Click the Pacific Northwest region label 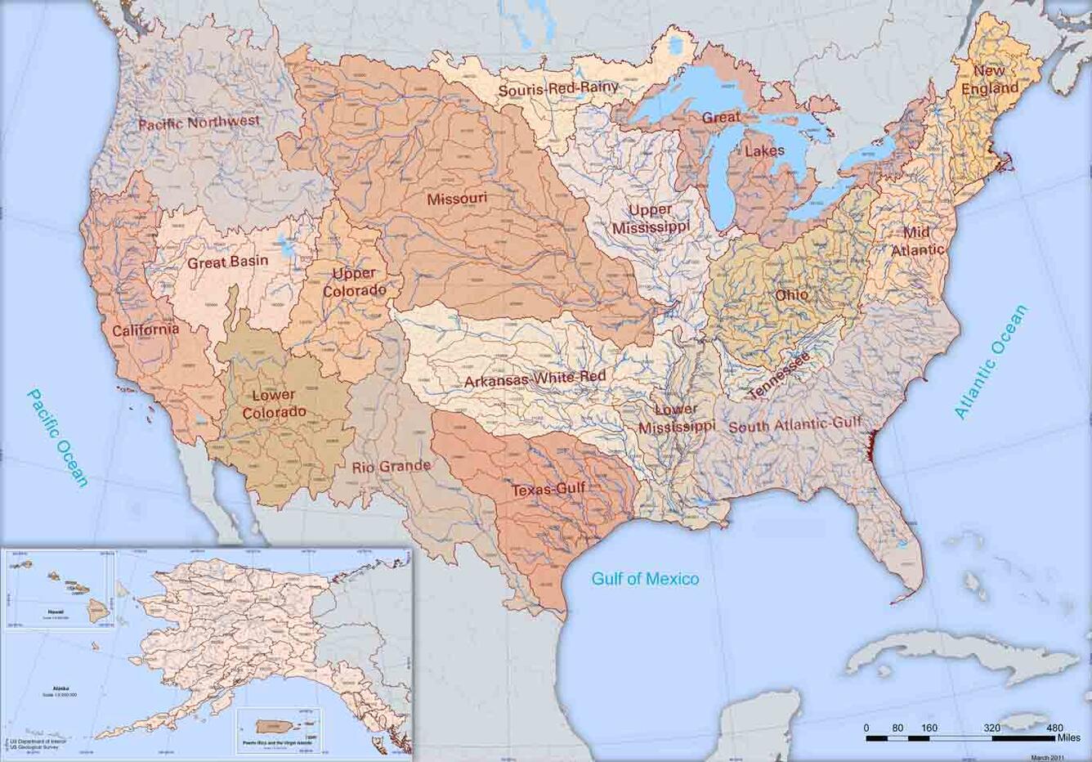[199, 123]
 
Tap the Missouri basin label [457, 199]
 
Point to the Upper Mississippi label [651, 218]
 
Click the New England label [989, 79]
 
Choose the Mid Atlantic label [916, 241]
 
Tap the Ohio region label [791, 294]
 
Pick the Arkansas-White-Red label [535, 379]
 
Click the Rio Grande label [391, 467]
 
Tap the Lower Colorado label [275, 404]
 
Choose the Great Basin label [227, 262]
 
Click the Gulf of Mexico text [645, 579]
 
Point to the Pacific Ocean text [57, 437]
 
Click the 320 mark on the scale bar [992, 728]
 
